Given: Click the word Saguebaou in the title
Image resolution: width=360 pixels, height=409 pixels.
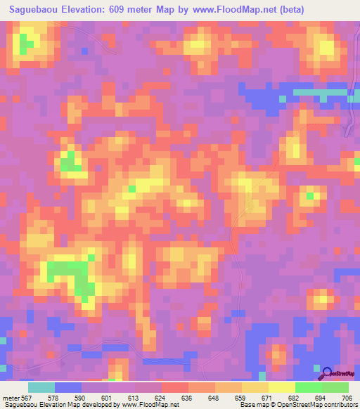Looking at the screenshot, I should (x=37, y=10).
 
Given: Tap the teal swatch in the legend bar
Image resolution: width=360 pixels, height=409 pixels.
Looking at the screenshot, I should (x=41, y=387).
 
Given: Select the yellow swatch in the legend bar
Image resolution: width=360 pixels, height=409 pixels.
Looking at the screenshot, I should (x=282, y=387).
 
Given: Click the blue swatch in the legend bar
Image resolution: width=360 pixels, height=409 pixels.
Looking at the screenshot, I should (x=68, y=387).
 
